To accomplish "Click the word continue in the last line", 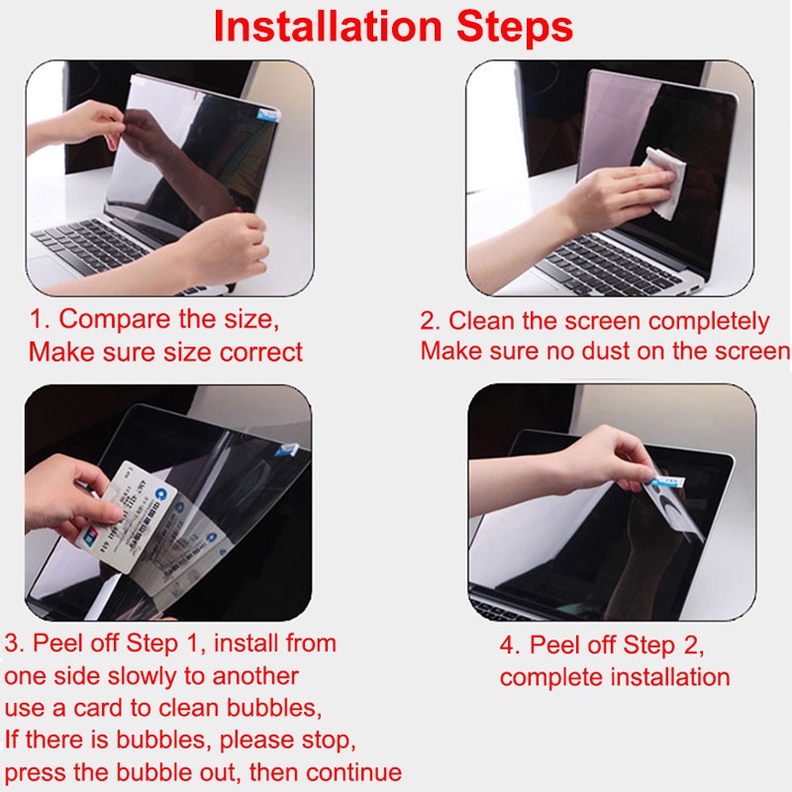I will click(x=348, y=772).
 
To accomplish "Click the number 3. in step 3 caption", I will click(x=15, y=643).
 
